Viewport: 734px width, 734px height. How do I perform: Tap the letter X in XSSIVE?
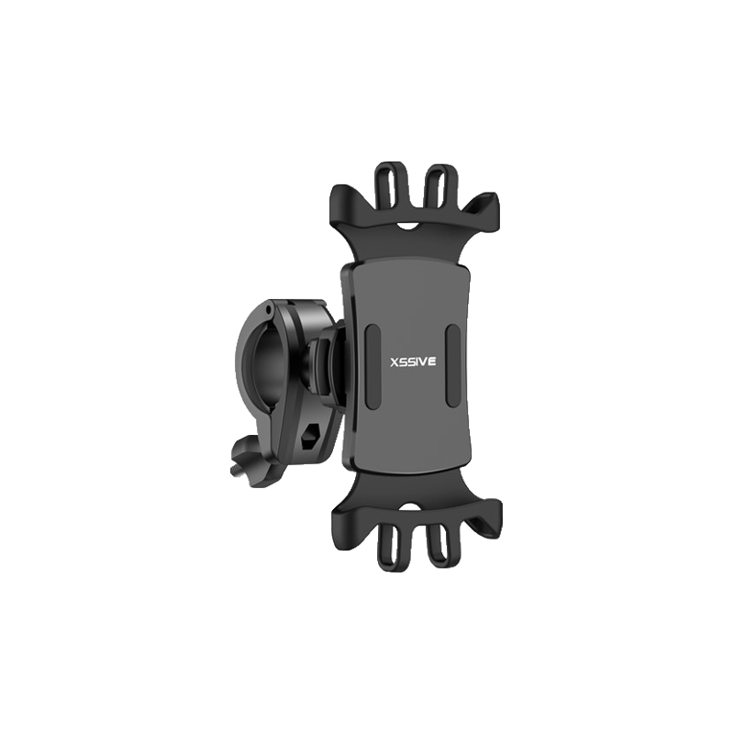(395, 361)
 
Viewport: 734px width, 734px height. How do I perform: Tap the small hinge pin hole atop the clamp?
(267, 309)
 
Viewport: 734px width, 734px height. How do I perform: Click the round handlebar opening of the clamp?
(261, 371)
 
